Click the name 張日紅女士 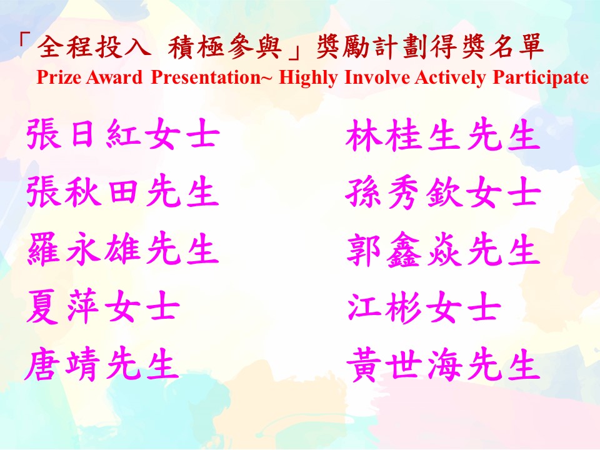click(123, 134)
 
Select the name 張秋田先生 click(122, 191)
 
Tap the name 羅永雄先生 click(123, 249)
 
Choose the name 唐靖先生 click(102, 364)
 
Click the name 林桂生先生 click(442, 135)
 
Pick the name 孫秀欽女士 click(443, 192)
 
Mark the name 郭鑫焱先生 click(443, 250)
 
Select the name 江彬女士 click(424, 307)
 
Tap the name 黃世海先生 click(443, 365)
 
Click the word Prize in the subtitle click(59, 77)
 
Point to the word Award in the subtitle click(114, 77)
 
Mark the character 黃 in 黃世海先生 click(363, 365)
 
